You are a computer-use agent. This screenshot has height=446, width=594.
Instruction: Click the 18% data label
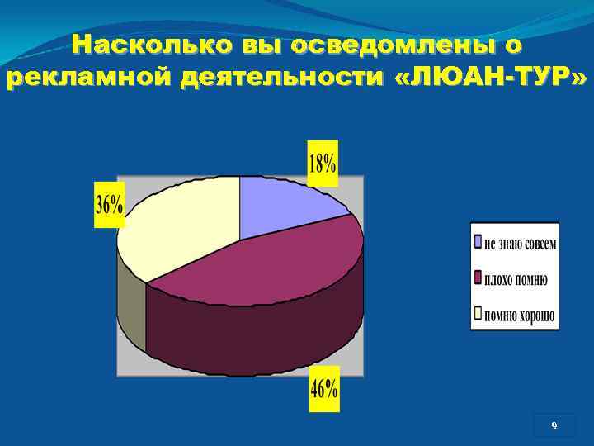tap(323, 162)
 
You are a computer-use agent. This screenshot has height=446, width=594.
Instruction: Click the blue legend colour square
tap(478, 243)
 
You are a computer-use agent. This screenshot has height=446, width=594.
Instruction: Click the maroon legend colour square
tap(478, 278)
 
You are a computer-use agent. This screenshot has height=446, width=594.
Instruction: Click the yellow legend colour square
tap(478, 313)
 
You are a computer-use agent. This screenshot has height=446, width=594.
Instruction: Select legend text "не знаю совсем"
tap(521, 244)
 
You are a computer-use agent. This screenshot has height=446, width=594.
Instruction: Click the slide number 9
tap(554, 426)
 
